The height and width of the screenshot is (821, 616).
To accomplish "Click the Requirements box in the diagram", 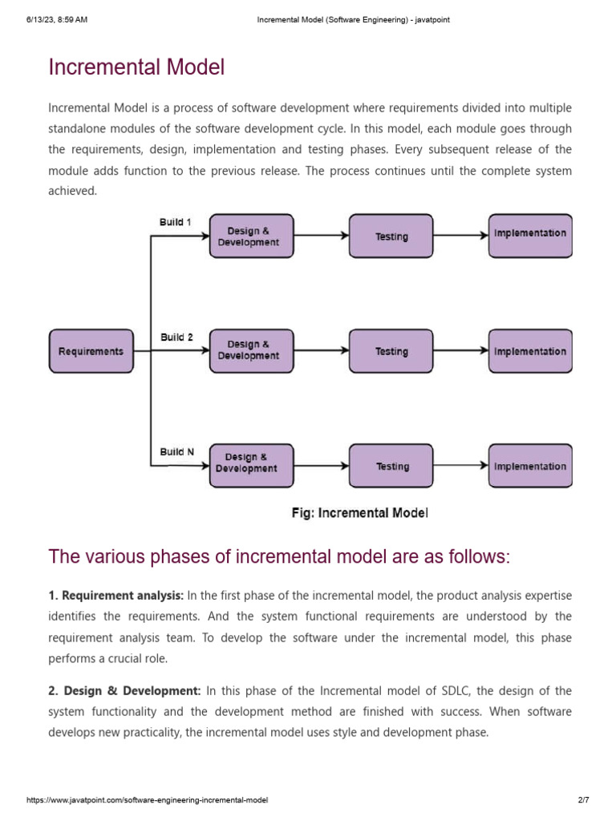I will [x=91, y=351].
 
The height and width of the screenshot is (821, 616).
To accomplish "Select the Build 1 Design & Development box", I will [x=251, y=236].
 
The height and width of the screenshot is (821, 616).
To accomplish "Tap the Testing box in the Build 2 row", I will [x=391, y=351].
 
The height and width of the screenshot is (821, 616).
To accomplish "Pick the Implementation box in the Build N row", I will [x=530, y=466].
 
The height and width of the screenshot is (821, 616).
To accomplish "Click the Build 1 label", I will [x=175, y=222].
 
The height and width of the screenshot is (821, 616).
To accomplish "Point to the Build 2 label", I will [x=176, y=338].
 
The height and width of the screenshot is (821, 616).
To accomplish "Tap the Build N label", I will [x=176, y=452].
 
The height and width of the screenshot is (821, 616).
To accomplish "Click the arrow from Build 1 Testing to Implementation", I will [x=461, y=236].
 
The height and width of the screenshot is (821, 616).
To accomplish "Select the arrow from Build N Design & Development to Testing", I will [x=321, y=466].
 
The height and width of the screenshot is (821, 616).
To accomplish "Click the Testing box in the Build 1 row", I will [x=391, y=236].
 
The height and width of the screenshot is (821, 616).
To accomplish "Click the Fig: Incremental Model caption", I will [x=359, y=513].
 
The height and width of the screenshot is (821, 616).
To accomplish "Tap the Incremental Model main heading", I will [x=136, y=67].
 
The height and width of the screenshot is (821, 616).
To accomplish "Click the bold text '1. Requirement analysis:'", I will [x=116, y=596].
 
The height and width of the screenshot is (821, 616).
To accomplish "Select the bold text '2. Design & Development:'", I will [x=124, y=690].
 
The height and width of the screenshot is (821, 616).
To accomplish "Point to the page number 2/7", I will [x=583, y=800].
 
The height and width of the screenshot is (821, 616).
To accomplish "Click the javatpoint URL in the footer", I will [x=147, y=800].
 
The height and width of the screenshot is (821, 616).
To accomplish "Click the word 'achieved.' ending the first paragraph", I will [x=72, y=191].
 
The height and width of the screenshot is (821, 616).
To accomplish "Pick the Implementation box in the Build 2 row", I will [x=530, y=351].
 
